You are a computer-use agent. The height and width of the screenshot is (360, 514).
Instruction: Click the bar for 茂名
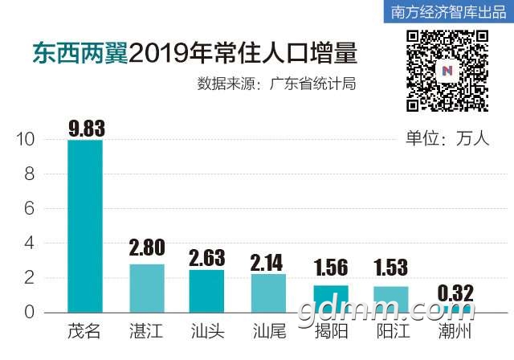85,226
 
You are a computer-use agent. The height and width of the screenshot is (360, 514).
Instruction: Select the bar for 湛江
147,288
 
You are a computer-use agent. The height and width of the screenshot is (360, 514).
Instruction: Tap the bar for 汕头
206,291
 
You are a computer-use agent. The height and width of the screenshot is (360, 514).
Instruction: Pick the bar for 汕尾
268,293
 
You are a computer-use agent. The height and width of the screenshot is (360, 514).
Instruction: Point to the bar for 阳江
391,299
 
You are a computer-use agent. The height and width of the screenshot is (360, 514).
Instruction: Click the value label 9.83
86,128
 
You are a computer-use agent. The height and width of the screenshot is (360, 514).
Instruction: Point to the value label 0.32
452,291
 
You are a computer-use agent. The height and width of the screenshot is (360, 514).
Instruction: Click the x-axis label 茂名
84,331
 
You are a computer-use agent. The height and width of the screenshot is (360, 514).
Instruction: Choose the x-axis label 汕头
206,331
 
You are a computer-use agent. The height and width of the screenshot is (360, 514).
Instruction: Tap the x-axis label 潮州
452,331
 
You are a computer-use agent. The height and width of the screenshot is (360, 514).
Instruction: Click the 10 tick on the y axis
25,140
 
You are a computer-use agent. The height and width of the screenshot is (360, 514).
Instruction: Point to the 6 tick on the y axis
30,209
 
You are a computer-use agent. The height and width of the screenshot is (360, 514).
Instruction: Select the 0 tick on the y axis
30,313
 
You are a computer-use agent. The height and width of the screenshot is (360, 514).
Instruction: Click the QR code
447,70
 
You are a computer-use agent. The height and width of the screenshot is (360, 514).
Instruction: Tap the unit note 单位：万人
447,138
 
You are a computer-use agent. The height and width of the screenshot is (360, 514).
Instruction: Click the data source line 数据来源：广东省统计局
276,84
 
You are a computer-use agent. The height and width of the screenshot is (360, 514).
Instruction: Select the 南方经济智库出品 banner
447,12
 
